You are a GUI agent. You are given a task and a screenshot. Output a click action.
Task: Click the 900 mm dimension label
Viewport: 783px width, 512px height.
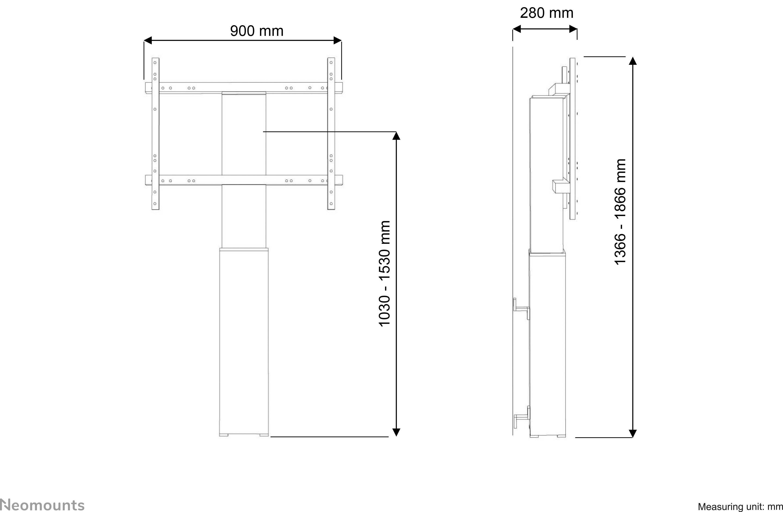(257, 31)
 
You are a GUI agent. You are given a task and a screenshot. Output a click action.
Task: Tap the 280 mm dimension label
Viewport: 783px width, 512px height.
(546, 13)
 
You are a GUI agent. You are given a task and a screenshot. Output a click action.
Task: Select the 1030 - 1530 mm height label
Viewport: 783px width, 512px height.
(385, 273)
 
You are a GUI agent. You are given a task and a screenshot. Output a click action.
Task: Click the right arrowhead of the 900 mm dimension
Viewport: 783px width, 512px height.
(338, 40)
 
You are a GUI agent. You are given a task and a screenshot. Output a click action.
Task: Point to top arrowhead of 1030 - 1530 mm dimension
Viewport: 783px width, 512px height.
(396, 136)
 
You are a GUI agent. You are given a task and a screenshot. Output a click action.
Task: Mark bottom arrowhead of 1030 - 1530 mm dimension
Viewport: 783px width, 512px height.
(396, 432)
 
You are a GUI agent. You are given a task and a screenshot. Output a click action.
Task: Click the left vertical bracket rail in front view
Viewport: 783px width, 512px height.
(155, 133)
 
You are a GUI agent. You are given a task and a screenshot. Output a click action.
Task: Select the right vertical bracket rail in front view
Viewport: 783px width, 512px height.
(331, 133)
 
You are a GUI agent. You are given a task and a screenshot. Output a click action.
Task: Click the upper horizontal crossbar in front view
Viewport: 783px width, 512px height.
(244, 88)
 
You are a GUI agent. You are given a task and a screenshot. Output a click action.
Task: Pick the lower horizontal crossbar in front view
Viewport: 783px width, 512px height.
(244, 180)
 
